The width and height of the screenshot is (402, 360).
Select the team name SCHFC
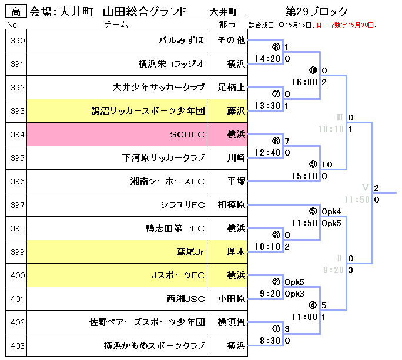pos(187,134)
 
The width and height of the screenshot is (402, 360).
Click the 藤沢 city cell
pos(232,111)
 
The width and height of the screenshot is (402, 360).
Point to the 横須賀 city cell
pos(232,322)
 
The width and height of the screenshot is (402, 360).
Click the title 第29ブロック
pos(316,11)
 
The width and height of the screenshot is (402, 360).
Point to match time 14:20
pos(269,59)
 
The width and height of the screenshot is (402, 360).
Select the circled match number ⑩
pos(313,70)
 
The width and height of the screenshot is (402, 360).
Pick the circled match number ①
pos(276,329)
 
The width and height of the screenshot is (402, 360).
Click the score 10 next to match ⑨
pos(327,164)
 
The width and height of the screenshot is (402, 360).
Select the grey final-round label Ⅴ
pos(365,188)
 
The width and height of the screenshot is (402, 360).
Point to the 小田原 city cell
pos(232,299)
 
